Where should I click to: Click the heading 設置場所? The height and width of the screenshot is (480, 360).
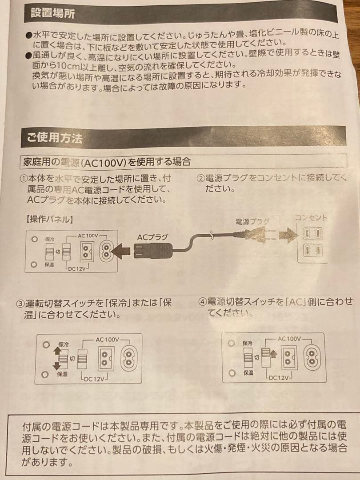coord(53,13)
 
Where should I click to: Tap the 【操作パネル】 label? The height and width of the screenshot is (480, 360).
coord(50,219)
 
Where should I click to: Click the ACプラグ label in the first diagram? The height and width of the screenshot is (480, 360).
coord(152,237)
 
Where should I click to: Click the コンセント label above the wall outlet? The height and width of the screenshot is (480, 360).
coord(311,218)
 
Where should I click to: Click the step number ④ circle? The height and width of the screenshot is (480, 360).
coord(203,302)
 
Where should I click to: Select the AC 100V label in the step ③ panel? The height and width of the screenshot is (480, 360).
coord(107,339)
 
